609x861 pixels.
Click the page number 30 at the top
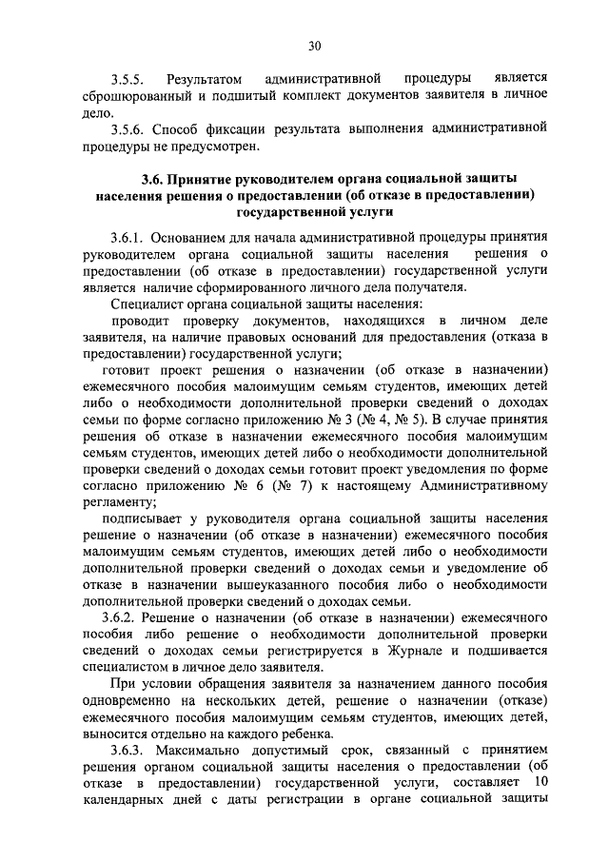point(315,45)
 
